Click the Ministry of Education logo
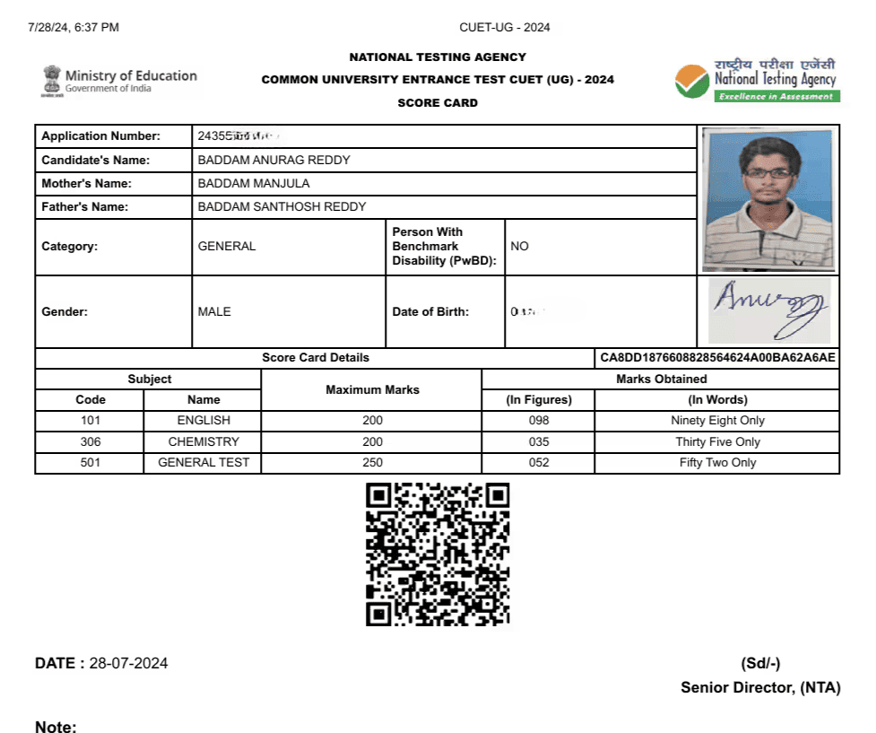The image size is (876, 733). click(119, 81)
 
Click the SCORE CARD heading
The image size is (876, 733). click(438, 103)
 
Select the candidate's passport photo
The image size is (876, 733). click(768, 198)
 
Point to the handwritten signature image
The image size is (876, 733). click(768, 310)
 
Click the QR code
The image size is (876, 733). click(438, 554)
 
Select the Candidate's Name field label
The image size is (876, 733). click(96, 161)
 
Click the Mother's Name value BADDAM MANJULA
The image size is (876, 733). click(254, 184)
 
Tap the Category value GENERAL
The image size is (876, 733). click(227, 246)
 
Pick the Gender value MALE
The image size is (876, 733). click(214, 312)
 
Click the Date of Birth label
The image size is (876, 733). click(430, 312)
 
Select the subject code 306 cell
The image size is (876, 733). click(91, 441)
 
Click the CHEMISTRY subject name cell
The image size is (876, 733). click(204, 441)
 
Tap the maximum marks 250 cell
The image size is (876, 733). click(372, 463)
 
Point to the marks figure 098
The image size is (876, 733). click(538, 420)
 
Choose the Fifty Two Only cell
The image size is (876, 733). click(717, 463)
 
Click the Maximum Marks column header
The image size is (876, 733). click(372, 389)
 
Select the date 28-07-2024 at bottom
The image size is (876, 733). click(128, 664)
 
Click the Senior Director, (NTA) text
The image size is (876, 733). click(760, 687)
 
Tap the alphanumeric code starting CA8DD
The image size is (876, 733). click(717, 358)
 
